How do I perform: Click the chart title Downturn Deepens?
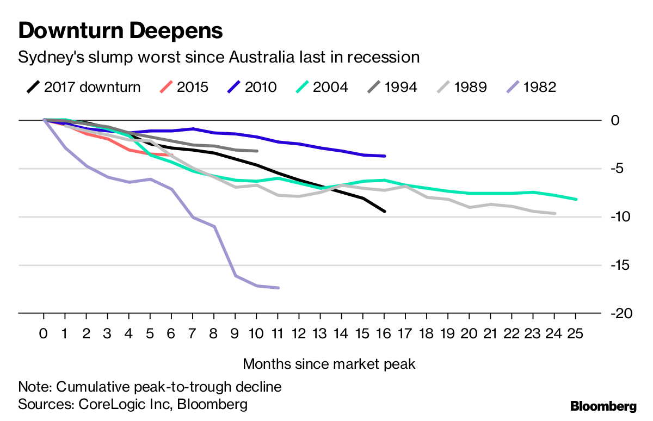[x=120, y=30]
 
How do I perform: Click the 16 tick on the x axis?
[x=384, y=333]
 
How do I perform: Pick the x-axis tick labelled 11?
[x=278, y=333]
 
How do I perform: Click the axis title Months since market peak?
[x=329, y=364]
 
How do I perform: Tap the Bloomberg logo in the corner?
[x=603, y=406]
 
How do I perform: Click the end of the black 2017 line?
[x=385, y=211]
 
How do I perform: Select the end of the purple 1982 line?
[x=278, y=288]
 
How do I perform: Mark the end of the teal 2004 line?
[x=576, y=199]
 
